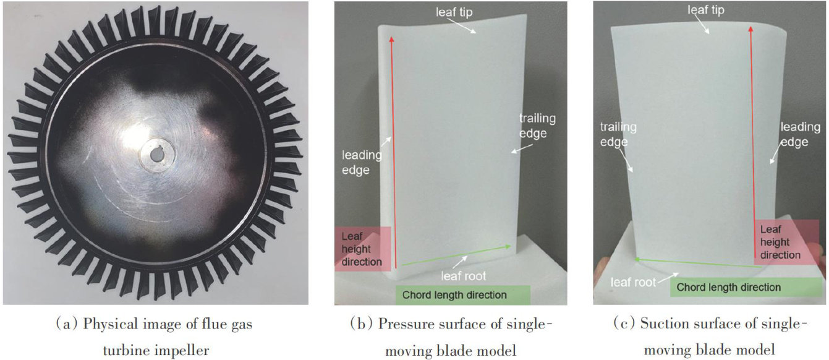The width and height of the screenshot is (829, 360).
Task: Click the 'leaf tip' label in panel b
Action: tap(454, 12)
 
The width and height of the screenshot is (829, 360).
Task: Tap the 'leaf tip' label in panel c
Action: tap(706, 10)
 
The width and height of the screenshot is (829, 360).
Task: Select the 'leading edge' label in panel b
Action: tap(361, 162)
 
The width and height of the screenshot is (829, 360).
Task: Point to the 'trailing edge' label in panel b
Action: tap(537, 126)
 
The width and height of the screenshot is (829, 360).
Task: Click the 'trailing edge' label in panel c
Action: tap(618, 134)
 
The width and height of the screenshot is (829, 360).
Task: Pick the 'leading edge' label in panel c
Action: tap(800, 134)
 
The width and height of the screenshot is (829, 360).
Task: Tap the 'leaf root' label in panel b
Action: tap(464, 276)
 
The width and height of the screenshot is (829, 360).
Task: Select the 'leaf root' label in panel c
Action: tap(633, 283)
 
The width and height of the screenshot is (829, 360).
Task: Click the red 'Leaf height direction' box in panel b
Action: tap(363, 249)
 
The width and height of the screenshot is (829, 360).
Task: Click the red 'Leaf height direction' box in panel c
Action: tap(781, 242)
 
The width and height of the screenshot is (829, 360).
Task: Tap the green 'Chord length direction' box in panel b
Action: tap(462, 295)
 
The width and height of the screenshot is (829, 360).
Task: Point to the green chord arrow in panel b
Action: tap(457, 255)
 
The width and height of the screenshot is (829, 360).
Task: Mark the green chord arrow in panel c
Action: tap(695, 263)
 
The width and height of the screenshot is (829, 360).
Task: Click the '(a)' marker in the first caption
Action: tap(67, 324)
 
